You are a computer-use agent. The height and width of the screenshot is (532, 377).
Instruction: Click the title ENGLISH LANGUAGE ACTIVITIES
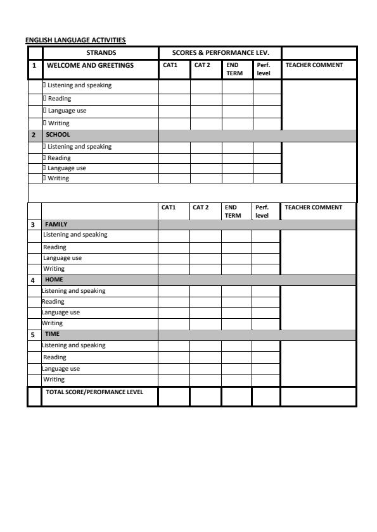(75, 40)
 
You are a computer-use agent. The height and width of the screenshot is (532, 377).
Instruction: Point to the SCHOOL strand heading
(57, 135)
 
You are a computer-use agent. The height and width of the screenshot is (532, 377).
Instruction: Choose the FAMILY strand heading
(56, 224)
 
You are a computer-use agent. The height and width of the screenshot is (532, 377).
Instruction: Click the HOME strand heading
(54, 279)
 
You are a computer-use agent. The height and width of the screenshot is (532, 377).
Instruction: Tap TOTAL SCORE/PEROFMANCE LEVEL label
(94, 392)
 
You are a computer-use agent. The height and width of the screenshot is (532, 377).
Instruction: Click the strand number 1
(34, 65)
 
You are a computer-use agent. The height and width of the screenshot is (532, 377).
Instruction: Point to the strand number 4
(33, 279)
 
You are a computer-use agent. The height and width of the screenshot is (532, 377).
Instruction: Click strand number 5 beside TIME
(33, 333)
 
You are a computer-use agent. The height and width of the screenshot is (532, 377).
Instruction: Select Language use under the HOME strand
(61, 312)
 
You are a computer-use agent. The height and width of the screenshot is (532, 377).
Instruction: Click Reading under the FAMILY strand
(54, 247)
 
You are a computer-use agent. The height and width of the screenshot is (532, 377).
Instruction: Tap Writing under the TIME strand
(54, 380)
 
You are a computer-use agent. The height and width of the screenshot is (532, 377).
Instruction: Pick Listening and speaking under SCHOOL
(80, 147)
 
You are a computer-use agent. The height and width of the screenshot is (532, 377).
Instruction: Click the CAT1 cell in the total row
(174, 397)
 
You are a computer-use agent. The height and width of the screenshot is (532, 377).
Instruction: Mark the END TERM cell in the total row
(236, 397)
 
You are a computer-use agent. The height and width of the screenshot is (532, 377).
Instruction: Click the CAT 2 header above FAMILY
(201, 207)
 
